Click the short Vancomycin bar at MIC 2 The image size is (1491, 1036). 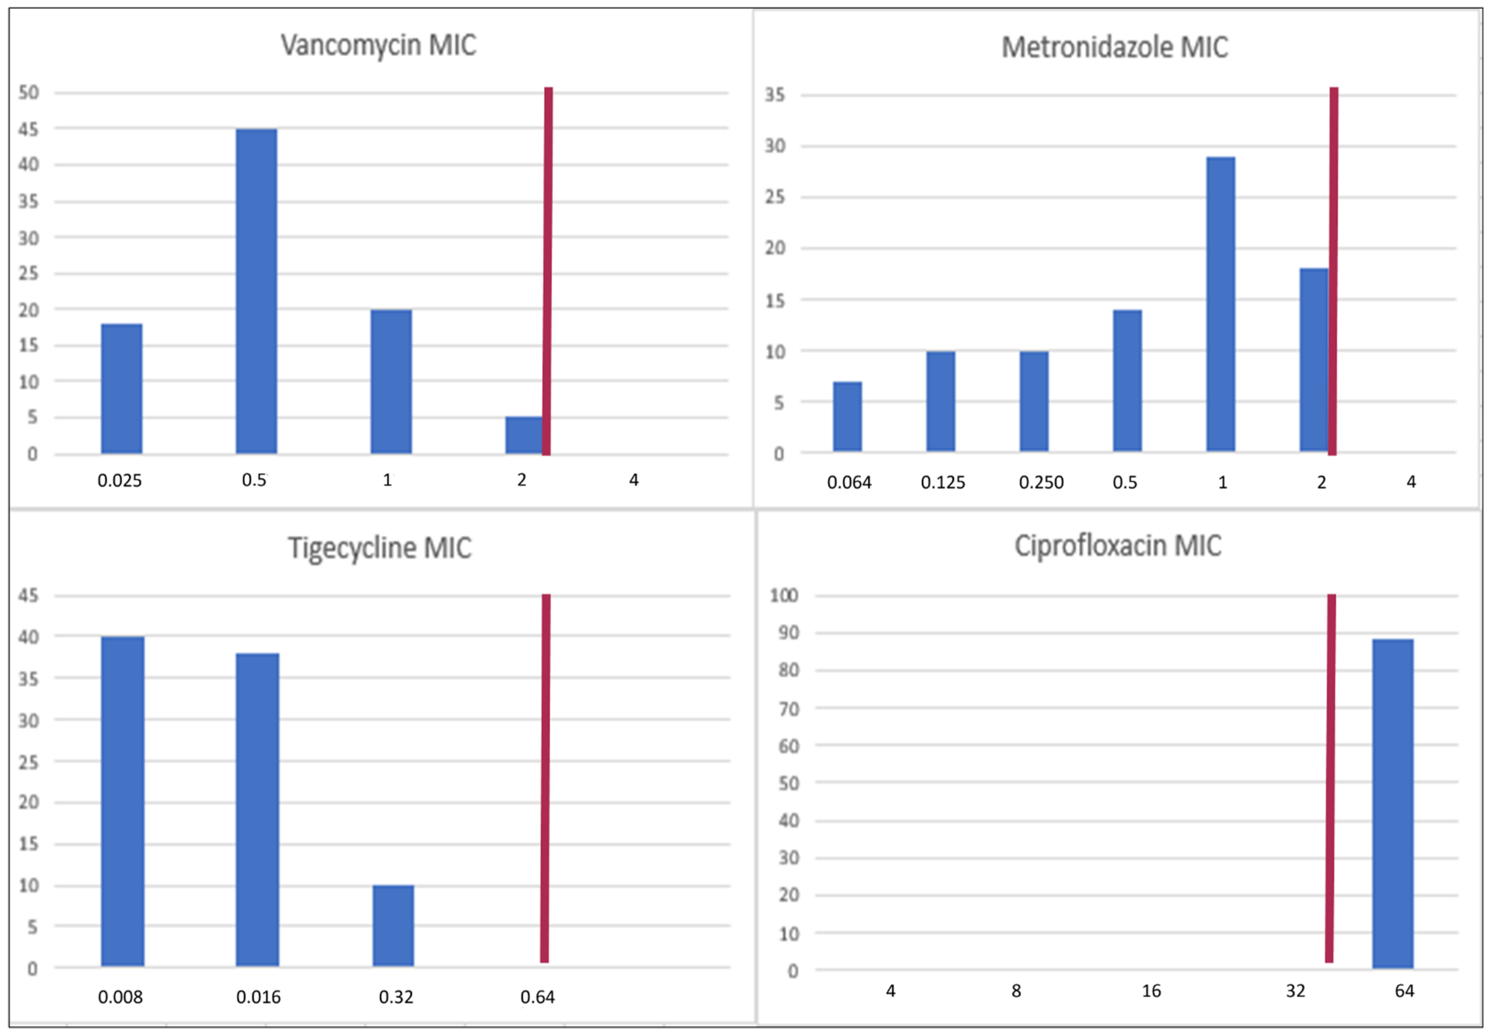pyautogui.click(x=523, y=435)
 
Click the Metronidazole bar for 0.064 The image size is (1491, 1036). pyautogui.click(x=847, y=416)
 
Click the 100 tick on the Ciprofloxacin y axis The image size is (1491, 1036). pyautogui.click(x=784, y=595)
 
